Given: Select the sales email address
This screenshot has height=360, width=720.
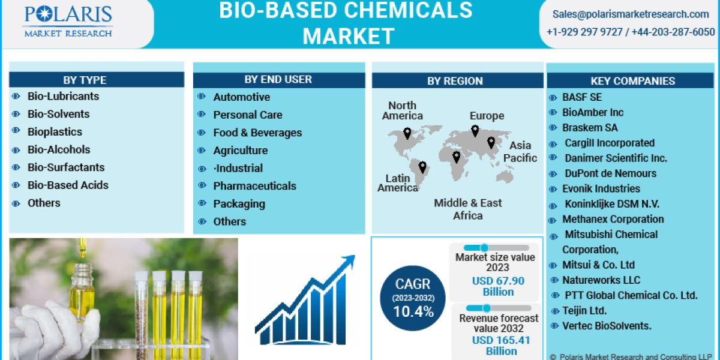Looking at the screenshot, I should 631,14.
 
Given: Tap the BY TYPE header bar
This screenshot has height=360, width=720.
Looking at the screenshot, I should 97,80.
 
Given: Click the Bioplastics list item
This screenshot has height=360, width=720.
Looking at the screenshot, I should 55,132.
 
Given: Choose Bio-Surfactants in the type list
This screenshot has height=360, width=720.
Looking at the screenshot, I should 66,167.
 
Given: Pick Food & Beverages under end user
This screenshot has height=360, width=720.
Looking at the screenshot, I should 257,133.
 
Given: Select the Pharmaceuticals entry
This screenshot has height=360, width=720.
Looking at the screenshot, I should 254,186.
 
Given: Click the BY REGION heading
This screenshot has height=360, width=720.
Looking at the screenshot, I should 455,81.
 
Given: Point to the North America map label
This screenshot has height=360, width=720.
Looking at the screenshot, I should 402,111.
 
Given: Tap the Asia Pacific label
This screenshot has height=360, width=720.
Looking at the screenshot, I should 520,152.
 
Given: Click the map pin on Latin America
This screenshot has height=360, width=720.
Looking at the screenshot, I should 422,167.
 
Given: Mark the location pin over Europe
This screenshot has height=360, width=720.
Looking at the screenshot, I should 475,130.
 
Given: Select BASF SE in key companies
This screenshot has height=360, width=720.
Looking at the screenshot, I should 581,97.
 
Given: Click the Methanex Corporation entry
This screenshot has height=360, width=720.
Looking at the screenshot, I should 613,220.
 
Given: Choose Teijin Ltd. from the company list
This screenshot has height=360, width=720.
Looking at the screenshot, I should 584,311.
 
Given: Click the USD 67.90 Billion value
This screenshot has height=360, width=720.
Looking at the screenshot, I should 498,286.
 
